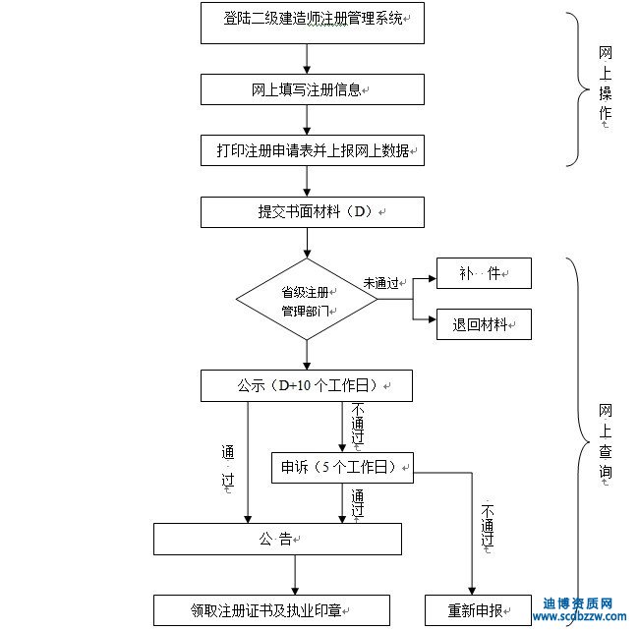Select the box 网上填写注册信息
pyautogui.click(x=312, y=89)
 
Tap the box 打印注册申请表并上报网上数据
pyautogui.click(x=312, y=150)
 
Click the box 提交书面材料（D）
pyautogui.click(x=312, y=211)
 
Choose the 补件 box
pyautogui.click(x=484, y=273)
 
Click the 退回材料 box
pyautogui.click(x=484, y=324)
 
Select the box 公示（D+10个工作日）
pyautogui.click(x=306, y=385)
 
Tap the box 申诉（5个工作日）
pyautogui.click(x=342, y=467)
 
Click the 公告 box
pyautogui.click(x=277, y=539)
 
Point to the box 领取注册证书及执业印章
pyautogui.click(x=271, y=609)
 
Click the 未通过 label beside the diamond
pyautogui.click(x=380, y=283)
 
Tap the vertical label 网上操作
pyautogui.click(x=606, y=88)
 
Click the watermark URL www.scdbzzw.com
pyautogui.click(x=580, y=618)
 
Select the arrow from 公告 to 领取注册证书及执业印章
pyautogui.click(x=294, y=574)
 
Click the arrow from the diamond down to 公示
pyautogui.click(x=308, y=354)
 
